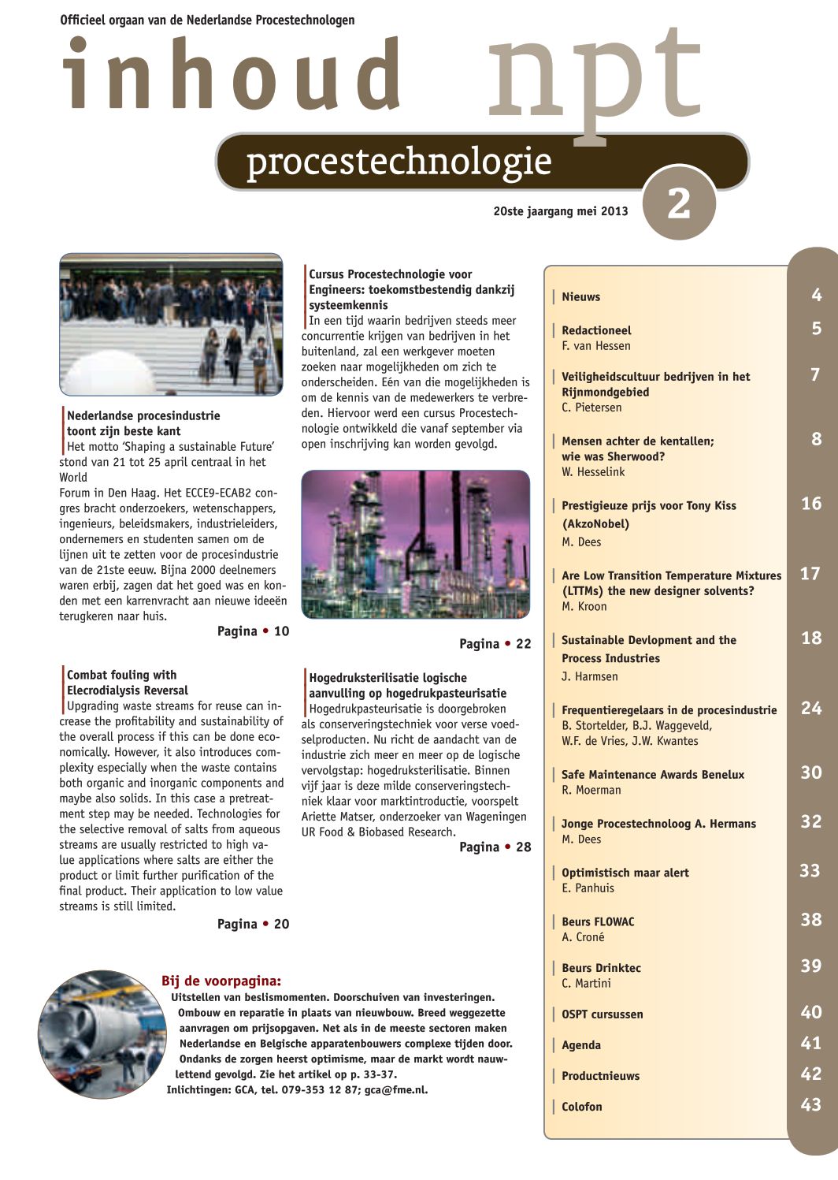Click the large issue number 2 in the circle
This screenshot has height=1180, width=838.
(x=678, y=204)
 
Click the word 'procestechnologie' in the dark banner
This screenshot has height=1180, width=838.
(x=399, y=162)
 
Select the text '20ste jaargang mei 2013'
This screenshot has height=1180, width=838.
(x=561, y=211)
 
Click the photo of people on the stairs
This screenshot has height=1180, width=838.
(x=171, y=324)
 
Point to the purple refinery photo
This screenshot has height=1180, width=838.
(x=415, y=544)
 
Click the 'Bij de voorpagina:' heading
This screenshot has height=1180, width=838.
(x=221, y=981)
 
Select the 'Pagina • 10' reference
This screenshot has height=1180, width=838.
(x=253, y=631)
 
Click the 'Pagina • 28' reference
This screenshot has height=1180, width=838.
(x=495, y=847)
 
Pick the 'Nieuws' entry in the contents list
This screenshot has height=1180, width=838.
(x=580, y=297)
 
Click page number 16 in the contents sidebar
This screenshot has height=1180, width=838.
(x=810, y=504)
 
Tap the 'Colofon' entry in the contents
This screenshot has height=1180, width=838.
(x=581, y=1107)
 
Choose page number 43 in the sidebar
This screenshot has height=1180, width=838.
(x=810, y=1105)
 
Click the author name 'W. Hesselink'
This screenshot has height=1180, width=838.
(x=593, y=472)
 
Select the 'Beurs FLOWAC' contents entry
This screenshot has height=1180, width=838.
(x=597, y=921)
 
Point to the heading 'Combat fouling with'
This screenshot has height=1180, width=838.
(x=121, y=675)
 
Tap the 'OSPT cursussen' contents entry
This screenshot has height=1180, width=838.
(x=602, y=1014)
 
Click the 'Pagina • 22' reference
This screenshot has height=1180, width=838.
(x=495, y=644)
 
